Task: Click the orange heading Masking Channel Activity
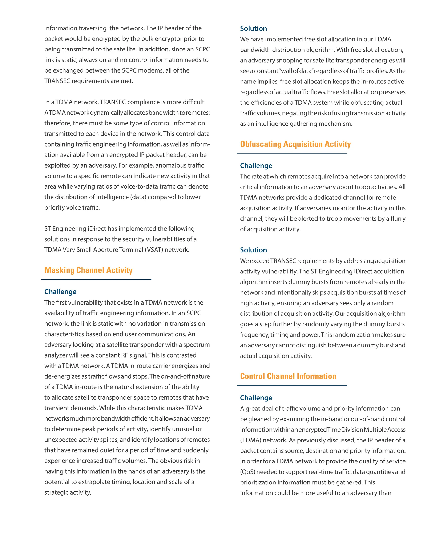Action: (x=88, y=270)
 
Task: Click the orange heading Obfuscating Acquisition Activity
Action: (x=295, y=144)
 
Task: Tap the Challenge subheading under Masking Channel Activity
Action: (x=60, y=292)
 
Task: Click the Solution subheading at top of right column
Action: (x=253, y=28)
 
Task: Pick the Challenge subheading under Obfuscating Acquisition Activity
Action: (x=256, y=165)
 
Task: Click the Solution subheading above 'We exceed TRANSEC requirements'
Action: (x=253, y=250)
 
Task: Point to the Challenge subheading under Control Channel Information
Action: (x=256, y=398)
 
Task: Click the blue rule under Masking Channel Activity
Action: (x=96, y=280)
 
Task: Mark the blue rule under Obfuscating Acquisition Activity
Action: (x=292, y=153)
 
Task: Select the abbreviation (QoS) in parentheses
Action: (x=247, y=472)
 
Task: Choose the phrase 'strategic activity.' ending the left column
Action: (x=68, y=492)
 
